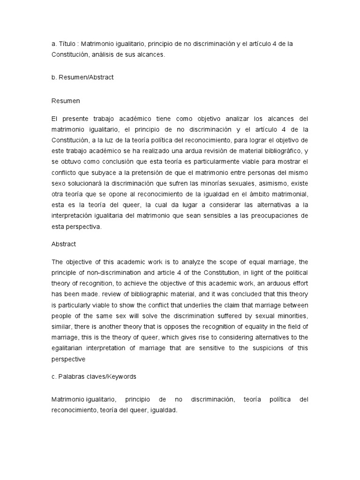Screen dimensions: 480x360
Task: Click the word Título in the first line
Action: [x=68, y=44]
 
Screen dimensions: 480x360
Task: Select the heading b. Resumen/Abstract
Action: [x=82, y=77]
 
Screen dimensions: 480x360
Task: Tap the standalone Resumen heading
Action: [x=66, y=100]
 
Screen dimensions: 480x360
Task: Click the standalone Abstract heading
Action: [x=63, y=244]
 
